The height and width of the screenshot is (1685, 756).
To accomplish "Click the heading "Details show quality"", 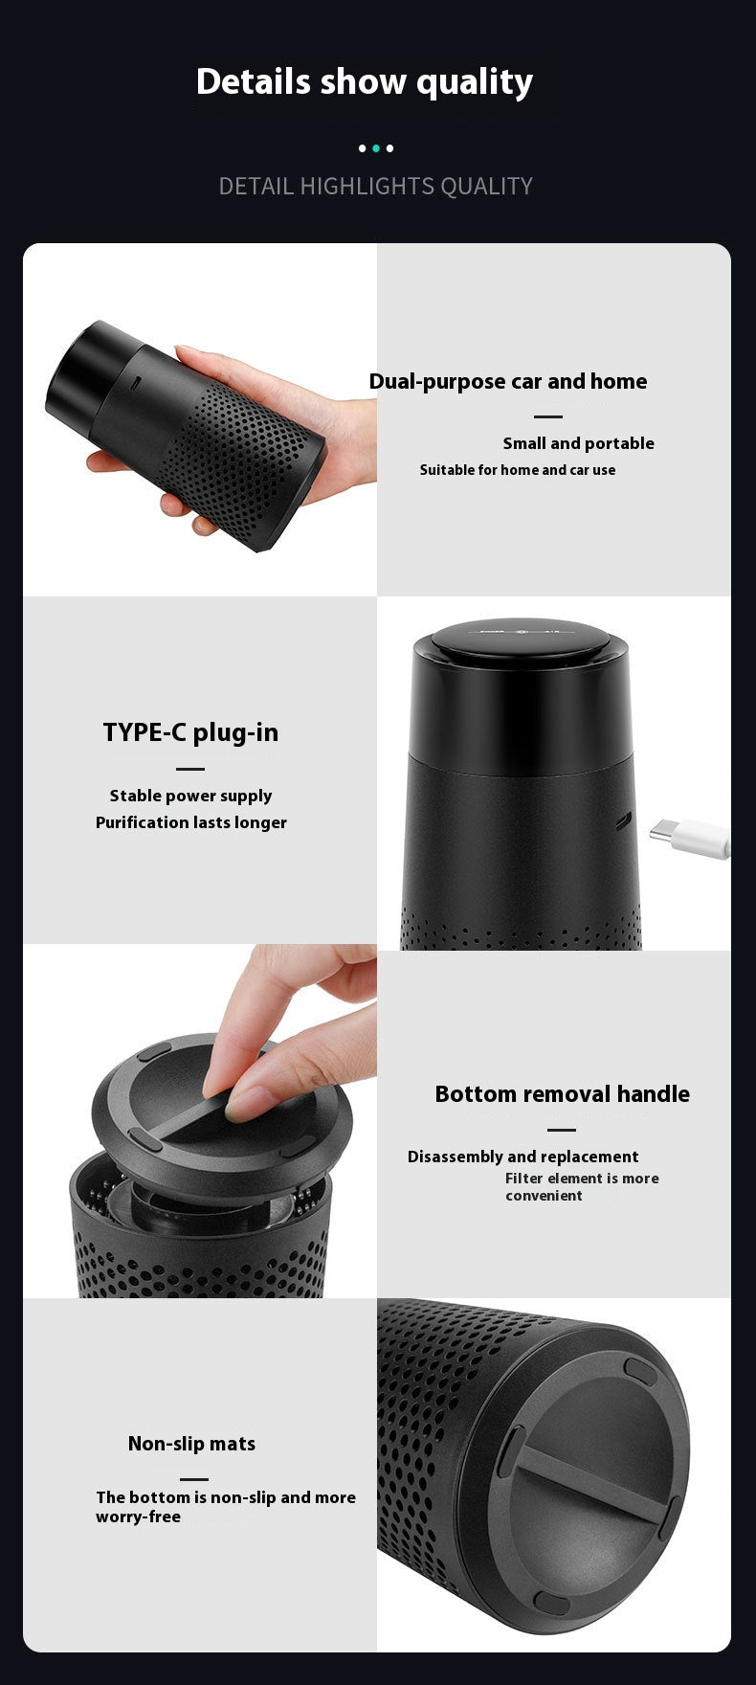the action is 364,82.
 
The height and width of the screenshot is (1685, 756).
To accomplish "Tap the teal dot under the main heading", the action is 376,148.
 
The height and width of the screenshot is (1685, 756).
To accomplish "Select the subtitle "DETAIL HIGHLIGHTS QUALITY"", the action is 375,186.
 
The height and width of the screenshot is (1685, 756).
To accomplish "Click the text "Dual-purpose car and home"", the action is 508,381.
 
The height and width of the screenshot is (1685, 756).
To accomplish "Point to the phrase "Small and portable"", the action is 579,443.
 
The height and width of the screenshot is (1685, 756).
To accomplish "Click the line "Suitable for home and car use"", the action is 518,470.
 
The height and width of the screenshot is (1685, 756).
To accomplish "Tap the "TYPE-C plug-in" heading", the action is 190,732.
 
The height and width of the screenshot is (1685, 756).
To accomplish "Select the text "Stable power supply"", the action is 190,796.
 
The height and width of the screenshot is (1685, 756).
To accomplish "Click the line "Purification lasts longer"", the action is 191,822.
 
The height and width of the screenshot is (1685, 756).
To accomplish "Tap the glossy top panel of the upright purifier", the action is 522,635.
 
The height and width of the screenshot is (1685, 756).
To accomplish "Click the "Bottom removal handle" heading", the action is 562,1093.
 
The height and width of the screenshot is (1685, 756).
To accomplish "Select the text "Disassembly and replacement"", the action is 523,1157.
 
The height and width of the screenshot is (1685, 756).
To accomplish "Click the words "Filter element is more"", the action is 582,1179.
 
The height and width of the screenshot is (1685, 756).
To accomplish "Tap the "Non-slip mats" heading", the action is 191,1444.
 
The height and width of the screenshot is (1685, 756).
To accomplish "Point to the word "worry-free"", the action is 138,1517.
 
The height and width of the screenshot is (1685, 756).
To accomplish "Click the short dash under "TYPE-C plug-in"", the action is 190,769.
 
